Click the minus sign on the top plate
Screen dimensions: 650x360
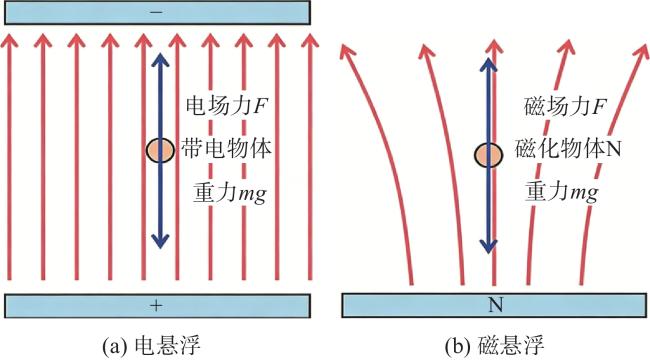tap(156, 13)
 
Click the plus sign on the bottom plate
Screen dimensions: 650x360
tap(156, 306)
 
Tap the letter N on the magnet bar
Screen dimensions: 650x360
tap(496, 305)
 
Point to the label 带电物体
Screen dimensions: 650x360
tap(226, 148)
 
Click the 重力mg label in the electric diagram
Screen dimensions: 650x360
tap(230, 193)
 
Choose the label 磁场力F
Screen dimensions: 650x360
tap(565, 106)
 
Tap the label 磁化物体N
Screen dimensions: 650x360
tap(568, 148)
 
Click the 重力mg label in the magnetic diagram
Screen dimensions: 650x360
tap(562, 192)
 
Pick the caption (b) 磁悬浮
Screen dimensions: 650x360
tap(495, 345)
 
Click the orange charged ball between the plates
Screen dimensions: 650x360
tap(160, 150)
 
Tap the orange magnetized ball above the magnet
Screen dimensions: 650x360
tap(489, 155)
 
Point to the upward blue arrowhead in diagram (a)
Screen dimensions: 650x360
tap(160, 61)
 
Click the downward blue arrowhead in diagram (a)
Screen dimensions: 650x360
tap(160, 241)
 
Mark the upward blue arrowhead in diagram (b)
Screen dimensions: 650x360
tap(489, 65)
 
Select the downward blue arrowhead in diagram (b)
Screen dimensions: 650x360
tap(489, 245)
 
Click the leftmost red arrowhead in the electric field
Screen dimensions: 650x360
tap(9, 40)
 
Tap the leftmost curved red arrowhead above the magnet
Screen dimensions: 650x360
tap(347, 50)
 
